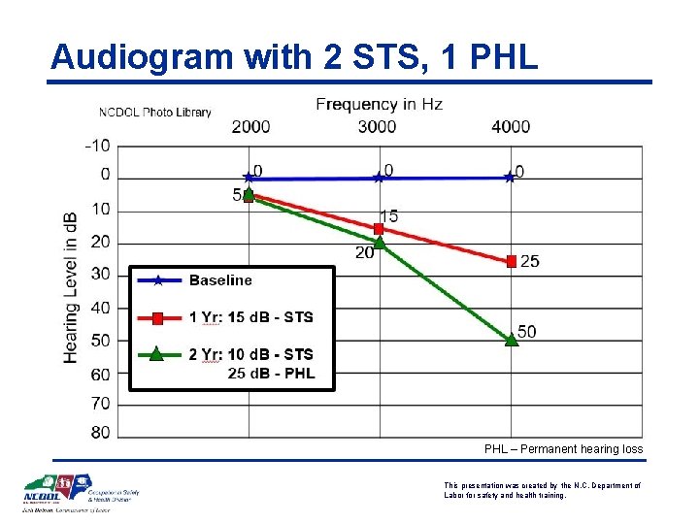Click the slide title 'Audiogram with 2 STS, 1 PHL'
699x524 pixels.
[x=294, y=56]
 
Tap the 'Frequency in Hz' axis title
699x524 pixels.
[x=379, y=105]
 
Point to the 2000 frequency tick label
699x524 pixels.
[x=250, y=126]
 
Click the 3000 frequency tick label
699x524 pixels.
[x=377, y=126]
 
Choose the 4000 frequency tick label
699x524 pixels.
[x=511, y=126]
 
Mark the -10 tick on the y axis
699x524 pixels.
[x=97, y=146]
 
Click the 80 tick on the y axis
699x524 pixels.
[x=100, y=432]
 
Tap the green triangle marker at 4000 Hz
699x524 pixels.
[x=511, y=339]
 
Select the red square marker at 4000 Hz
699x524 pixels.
[x=511, y=260]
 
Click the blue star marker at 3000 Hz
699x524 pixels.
[x=379, y=178]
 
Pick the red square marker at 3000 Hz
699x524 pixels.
[x=379, y=229]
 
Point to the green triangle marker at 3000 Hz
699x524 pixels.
[x=379, y=243]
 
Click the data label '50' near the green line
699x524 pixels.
[x=526, y=332]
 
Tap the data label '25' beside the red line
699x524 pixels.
[x=530, y=261]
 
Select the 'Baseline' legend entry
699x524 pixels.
[x=220, y=280]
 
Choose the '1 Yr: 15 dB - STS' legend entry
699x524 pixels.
[x=250, y=317]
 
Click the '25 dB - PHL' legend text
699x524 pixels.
[x=271, y=374]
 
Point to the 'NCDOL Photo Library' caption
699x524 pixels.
[x=154, y=113]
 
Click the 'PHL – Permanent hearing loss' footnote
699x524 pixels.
[x=563, y=449]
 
